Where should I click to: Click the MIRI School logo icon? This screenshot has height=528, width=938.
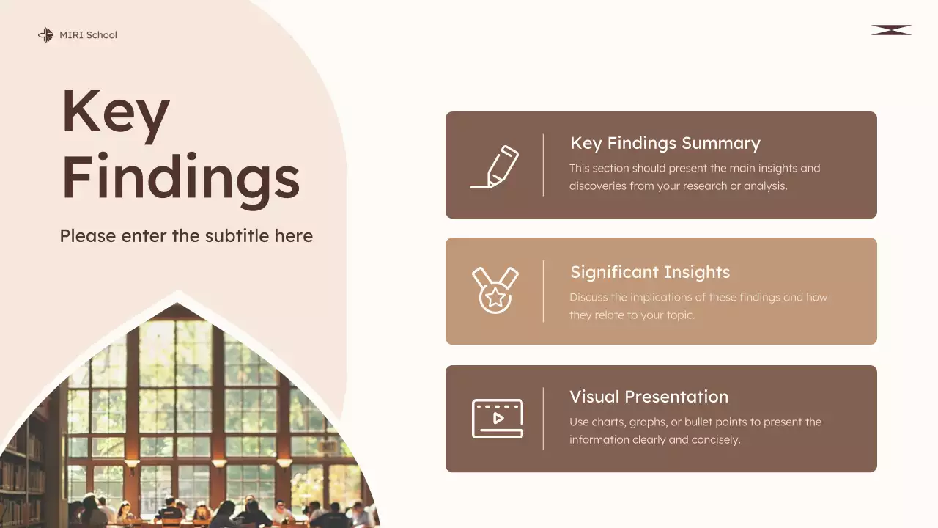click(x=45, y=35)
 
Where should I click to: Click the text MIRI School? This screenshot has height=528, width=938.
click(x=88, y=35)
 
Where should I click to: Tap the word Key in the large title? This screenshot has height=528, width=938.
click(x=115, y=113)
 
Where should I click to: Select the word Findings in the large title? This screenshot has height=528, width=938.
click(x=180, y=176)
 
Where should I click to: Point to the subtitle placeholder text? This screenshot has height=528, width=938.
click(x=186, y=236)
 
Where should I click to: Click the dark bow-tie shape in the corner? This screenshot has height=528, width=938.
click(x=891, y=30)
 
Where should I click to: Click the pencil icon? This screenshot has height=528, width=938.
click(x=495, y=166)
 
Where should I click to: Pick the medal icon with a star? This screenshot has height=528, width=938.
click(x=495, y=290)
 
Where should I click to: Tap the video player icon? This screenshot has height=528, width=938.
click(x=498, y=418)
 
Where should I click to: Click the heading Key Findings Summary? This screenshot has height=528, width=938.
click(x=665, y=143)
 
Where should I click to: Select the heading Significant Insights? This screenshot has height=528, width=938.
click(x=650, y=272)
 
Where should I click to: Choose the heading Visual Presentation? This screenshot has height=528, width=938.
click(x=649, y=397)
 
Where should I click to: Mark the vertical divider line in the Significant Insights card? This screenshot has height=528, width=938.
click(x=544, y=291)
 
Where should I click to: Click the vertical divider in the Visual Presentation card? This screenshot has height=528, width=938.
click(x=544, y=419)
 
